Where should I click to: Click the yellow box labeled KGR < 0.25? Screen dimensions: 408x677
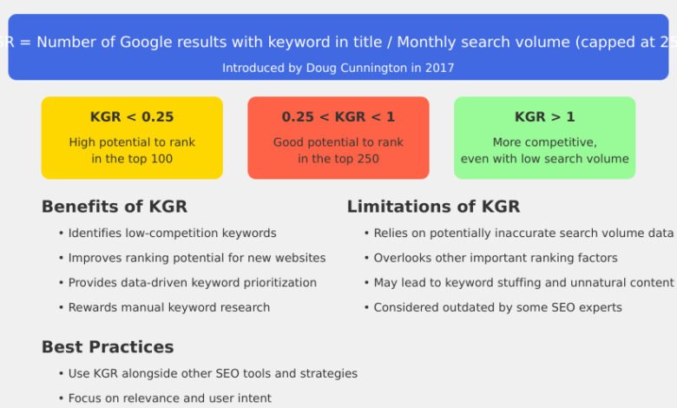tap(132, 137)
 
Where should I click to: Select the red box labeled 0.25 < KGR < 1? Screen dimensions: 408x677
tap(338, 137)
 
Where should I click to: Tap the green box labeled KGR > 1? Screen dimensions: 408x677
tap(544, 137)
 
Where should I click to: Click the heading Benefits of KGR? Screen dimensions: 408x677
tap(114, 207)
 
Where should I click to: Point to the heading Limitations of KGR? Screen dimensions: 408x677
tap(433, 207)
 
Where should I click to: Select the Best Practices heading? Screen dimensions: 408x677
tap(108, 347)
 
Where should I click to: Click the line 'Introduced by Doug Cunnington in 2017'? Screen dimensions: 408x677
tap(338, 68)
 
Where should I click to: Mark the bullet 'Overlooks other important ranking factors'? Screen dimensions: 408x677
tap(495, 258)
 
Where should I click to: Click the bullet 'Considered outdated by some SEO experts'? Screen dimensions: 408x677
tap(497, 307)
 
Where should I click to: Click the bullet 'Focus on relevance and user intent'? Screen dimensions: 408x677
tap(169, 398)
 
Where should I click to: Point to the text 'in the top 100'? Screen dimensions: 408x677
tap(132, 159)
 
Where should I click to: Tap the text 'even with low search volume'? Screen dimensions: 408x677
tap(544, 159)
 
